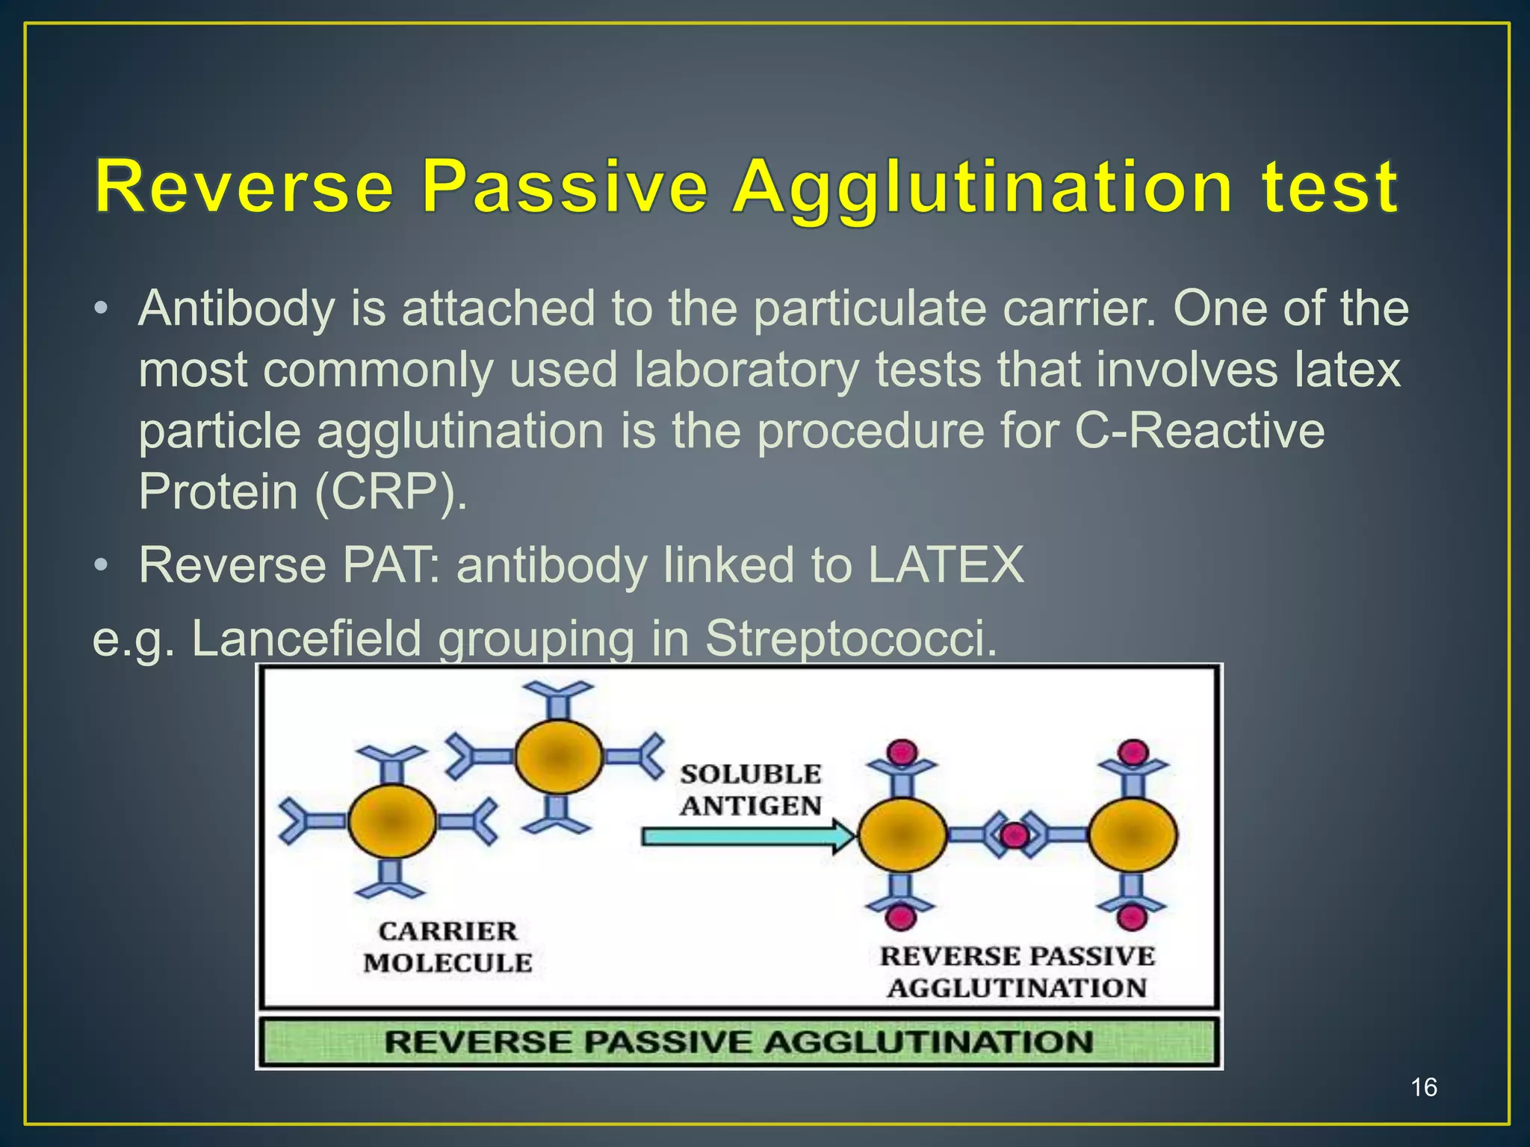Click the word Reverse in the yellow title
pyautogui.click(x=244, y=187)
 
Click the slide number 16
pyautogui.click(x=1424, y=1087)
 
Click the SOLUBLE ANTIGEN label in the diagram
pyautogui.click(x=750, y=790)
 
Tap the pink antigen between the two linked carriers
pyautogui.click(x=1015, y=835)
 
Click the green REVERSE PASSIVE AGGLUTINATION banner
pyautogui.click(x=738, y=1041)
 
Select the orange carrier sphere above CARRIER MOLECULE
pyautogui.click(x=391, y=821)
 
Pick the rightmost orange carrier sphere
pyautogui.click(x=1133, y=835)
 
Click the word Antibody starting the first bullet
pyautogui.click(x=236, y=308)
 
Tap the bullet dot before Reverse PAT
pyautogui.click(x=102, y=565)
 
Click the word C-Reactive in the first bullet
pyautogui.click(x=1199, y=431)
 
